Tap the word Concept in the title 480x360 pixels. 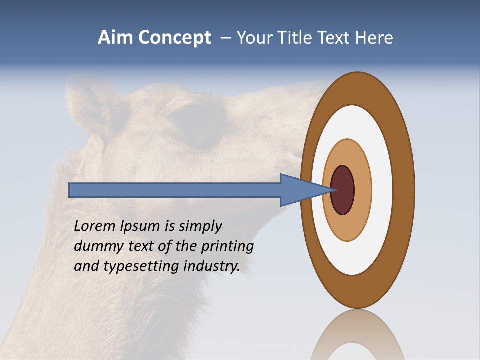[x=174, y=38]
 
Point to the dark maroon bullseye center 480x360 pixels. [x=342, y=190]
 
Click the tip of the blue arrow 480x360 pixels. [x=336, y=190]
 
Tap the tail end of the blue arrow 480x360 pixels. [x=70, y=190]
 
